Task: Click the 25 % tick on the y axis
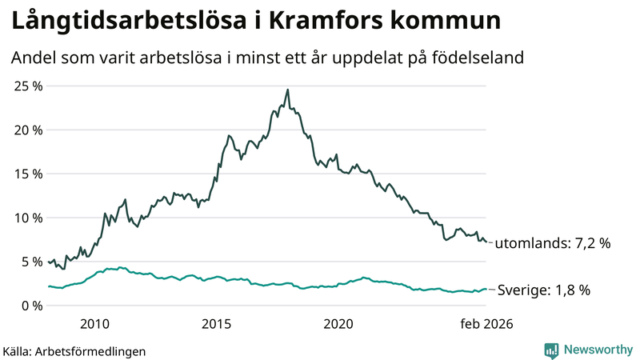[26, 86]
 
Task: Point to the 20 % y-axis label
[26, 130]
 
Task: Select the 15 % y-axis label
[26, 174]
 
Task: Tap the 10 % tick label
[26, 218]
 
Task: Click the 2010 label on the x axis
[94, 324]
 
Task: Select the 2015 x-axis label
[216, 324]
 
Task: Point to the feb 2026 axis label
[486, 324]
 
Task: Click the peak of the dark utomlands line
[288, 90]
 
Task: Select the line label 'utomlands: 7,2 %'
[553, 243]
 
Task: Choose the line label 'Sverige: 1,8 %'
[544, 290]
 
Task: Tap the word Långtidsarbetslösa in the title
[125, 22]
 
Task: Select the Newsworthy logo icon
[551, 350]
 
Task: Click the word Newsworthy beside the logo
[597, 350]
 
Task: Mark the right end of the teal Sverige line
[486, 290]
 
